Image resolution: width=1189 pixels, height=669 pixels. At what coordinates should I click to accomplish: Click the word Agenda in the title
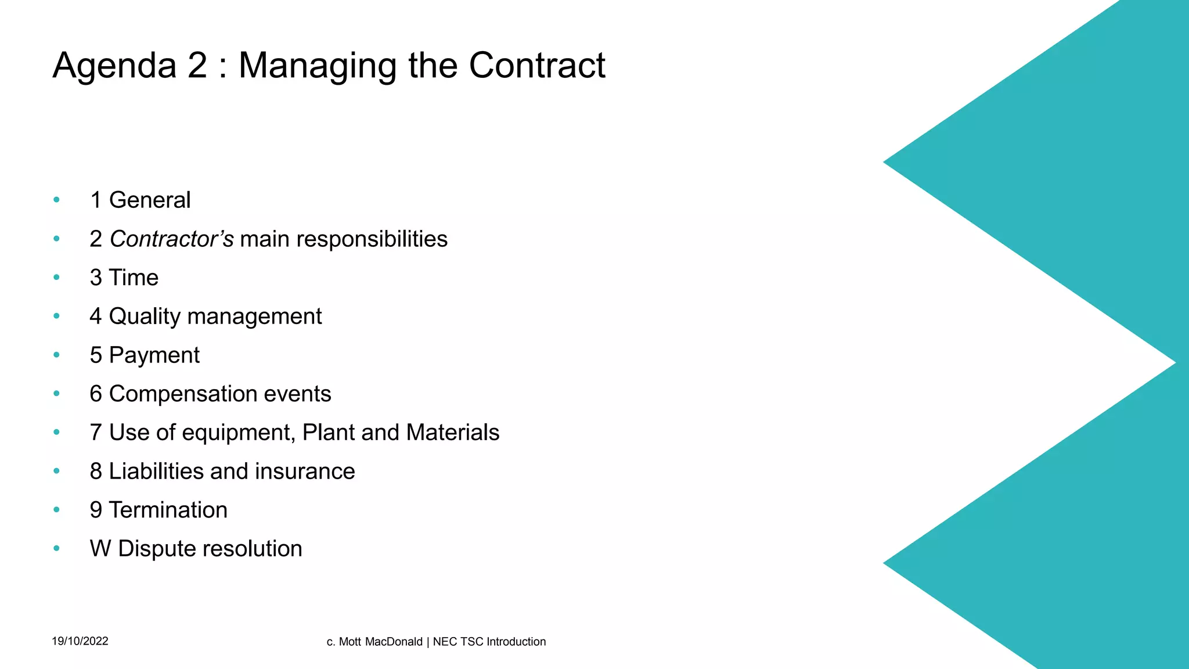(114, 65)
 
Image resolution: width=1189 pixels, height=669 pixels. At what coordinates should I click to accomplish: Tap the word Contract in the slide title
(537, 65)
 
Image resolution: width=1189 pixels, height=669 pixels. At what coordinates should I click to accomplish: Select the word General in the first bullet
(150, 200)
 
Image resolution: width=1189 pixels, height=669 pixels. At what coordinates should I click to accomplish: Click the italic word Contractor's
(172, 239)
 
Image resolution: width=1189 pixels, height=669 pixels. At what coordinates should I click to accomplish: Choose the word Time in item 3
(134, 278)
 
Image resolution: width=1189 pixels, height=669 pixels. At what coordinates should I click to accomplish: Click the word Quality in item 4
(145, 316)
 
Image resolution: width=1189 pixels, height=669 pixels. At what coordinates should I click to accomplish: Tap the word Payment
(154, 355)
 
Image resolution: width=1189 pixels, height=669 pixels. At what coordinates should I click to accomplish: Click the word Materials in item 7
(453, 433)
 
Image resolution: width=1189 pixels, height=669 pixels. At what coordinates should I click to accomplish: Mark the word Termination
(168, 510)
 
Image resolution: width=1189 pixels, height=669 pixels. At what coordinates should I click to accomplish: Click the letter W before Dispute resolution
(100, 549)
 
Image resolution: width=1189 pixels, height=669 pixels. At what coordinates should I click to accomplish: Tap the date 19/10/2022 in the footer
(80, 641)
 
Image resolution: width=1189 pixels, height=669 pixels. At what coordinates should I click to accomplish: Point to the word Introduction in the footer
(516, 642)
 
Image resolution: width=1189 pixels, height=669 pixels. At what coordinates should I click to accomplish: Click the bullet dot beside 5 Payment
(56, 355)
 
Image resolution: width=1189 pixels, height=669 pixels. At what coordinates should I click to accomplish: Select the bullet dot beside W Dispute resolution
(56, 548)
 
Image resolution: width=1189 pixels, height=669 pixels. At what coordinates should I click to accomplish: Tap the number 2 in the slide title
(197, 65)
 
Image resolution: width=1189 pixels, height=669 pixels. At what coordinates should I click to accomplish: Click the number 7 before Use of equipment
(96, 433)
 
